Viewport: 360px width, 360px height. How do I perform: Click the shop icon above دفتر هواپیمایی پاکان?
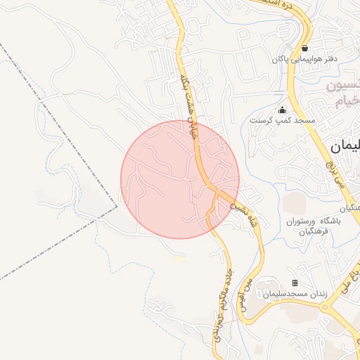[x=304, y=49]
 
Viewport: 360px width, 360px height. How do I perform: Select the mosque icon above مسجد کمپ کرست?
[x=283, y=110]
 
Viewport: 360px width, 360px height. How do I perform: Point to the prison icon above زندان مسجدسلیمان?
[x=295, y=283]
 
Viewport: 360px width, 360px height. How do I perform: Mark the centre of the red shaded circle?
[x=180, y=179]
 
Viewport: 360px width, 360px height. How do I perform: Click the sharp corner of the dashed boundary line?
[x=117, y=207]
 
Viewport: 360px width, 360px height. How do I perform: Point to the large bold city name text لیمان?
[x=344, y=148]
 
